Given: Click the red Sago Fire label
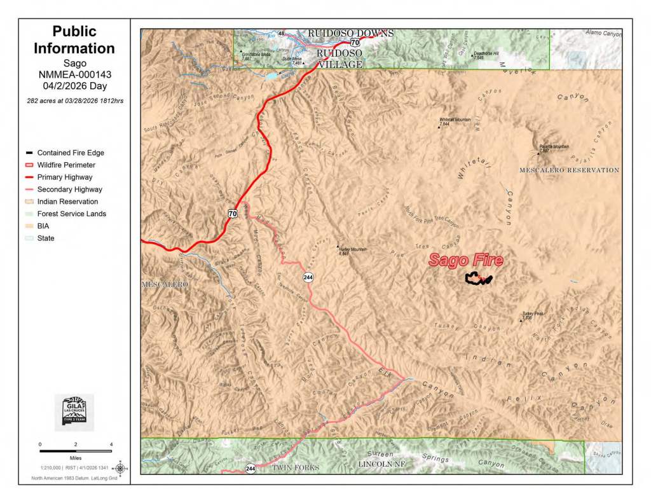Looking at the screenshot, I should (465, 260).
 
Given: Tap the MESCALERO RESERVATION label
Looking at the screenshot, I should (569, 170).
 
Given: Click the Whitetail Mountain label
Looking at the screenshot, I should (454, 121).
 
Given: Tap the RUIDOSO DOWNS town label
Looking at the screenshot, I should (351, 33).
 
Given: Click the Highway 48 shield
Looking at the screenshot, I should (281, 33).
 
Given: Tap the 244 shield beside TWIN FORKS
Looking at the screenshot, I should (251, 469).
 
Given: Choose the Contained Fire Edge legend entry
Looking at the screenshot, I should (70, 153).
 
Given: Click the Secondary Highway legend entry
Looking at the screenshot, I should (69, 189).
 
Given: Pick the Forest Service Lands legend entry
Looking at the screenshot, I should (71, 214).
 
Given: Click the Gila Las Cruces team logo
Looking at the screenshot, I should (74, 412).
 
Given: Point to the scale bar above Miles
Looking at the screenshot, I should (75, 451).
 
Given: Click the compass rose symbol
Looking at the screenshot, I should (120, 469).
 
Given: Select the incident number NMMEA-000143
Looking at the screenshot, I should (74, 74).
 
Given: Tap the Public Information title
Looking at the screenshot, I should (74, 39).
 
